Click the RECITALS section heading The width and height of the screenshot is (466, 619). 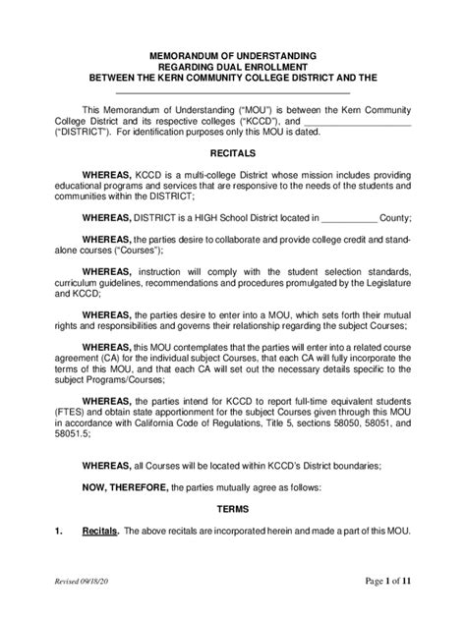(233, 154)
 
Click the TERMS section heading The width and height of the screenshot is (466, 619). (233, 536)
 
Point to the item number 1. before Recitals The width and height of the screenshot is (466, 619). (60, 559)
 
